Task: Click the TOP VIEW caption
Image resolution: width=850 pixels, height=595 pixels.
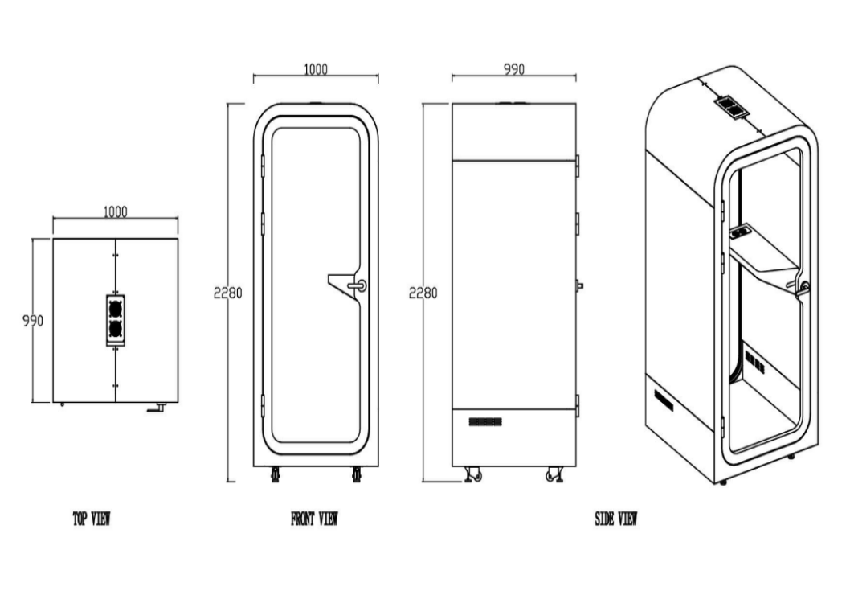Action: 92,519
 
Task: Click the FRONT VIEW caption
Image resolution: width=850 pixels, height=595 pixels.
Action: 314,519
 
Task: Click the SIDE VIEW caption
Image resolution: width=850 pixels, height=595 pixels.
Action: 616,519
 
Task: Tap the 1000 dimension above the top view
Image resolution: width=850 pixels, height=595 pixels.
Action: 115,211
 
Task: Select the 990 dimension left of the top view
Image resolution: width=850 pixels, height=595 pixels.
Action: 32,321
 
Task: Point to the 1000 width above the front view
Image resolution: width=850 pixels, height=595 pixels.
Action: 316,69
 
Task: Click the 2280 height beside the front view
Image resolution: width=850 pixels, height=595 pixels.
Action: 227,293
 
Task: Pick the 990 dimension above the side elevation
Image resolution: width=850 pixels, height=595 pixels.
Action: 514,69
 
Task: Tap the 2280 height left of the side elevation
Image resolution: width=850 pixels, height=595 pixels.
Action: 423,293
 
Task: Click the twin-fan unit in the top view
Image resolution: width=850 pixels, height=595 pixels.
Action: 115,321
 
